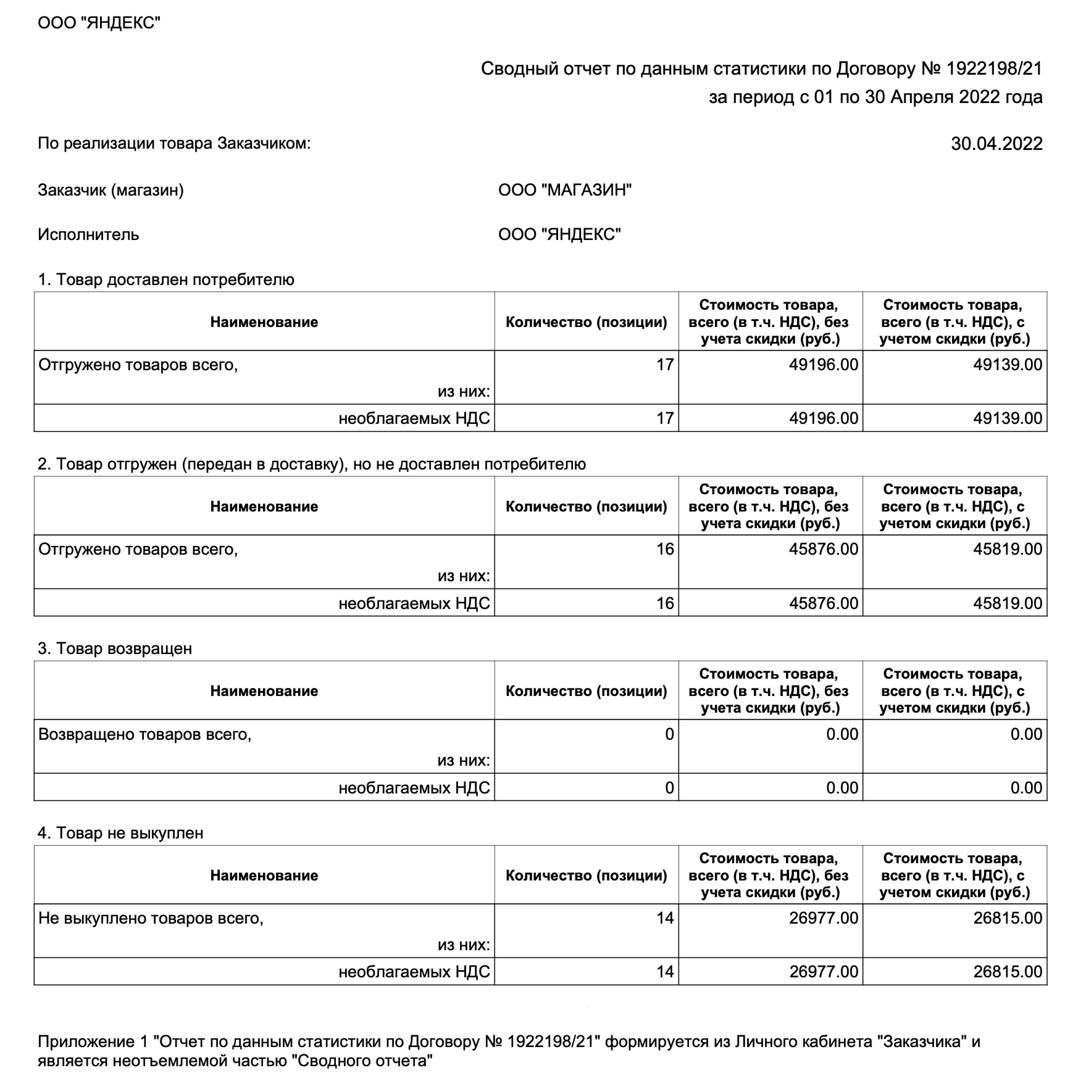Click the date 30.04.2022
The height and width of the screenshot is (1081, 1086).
996,144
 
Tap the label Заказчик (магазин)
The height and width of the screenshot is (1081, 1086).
111,190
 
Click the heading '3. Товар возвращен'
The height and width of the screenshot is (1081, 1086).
115,648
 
